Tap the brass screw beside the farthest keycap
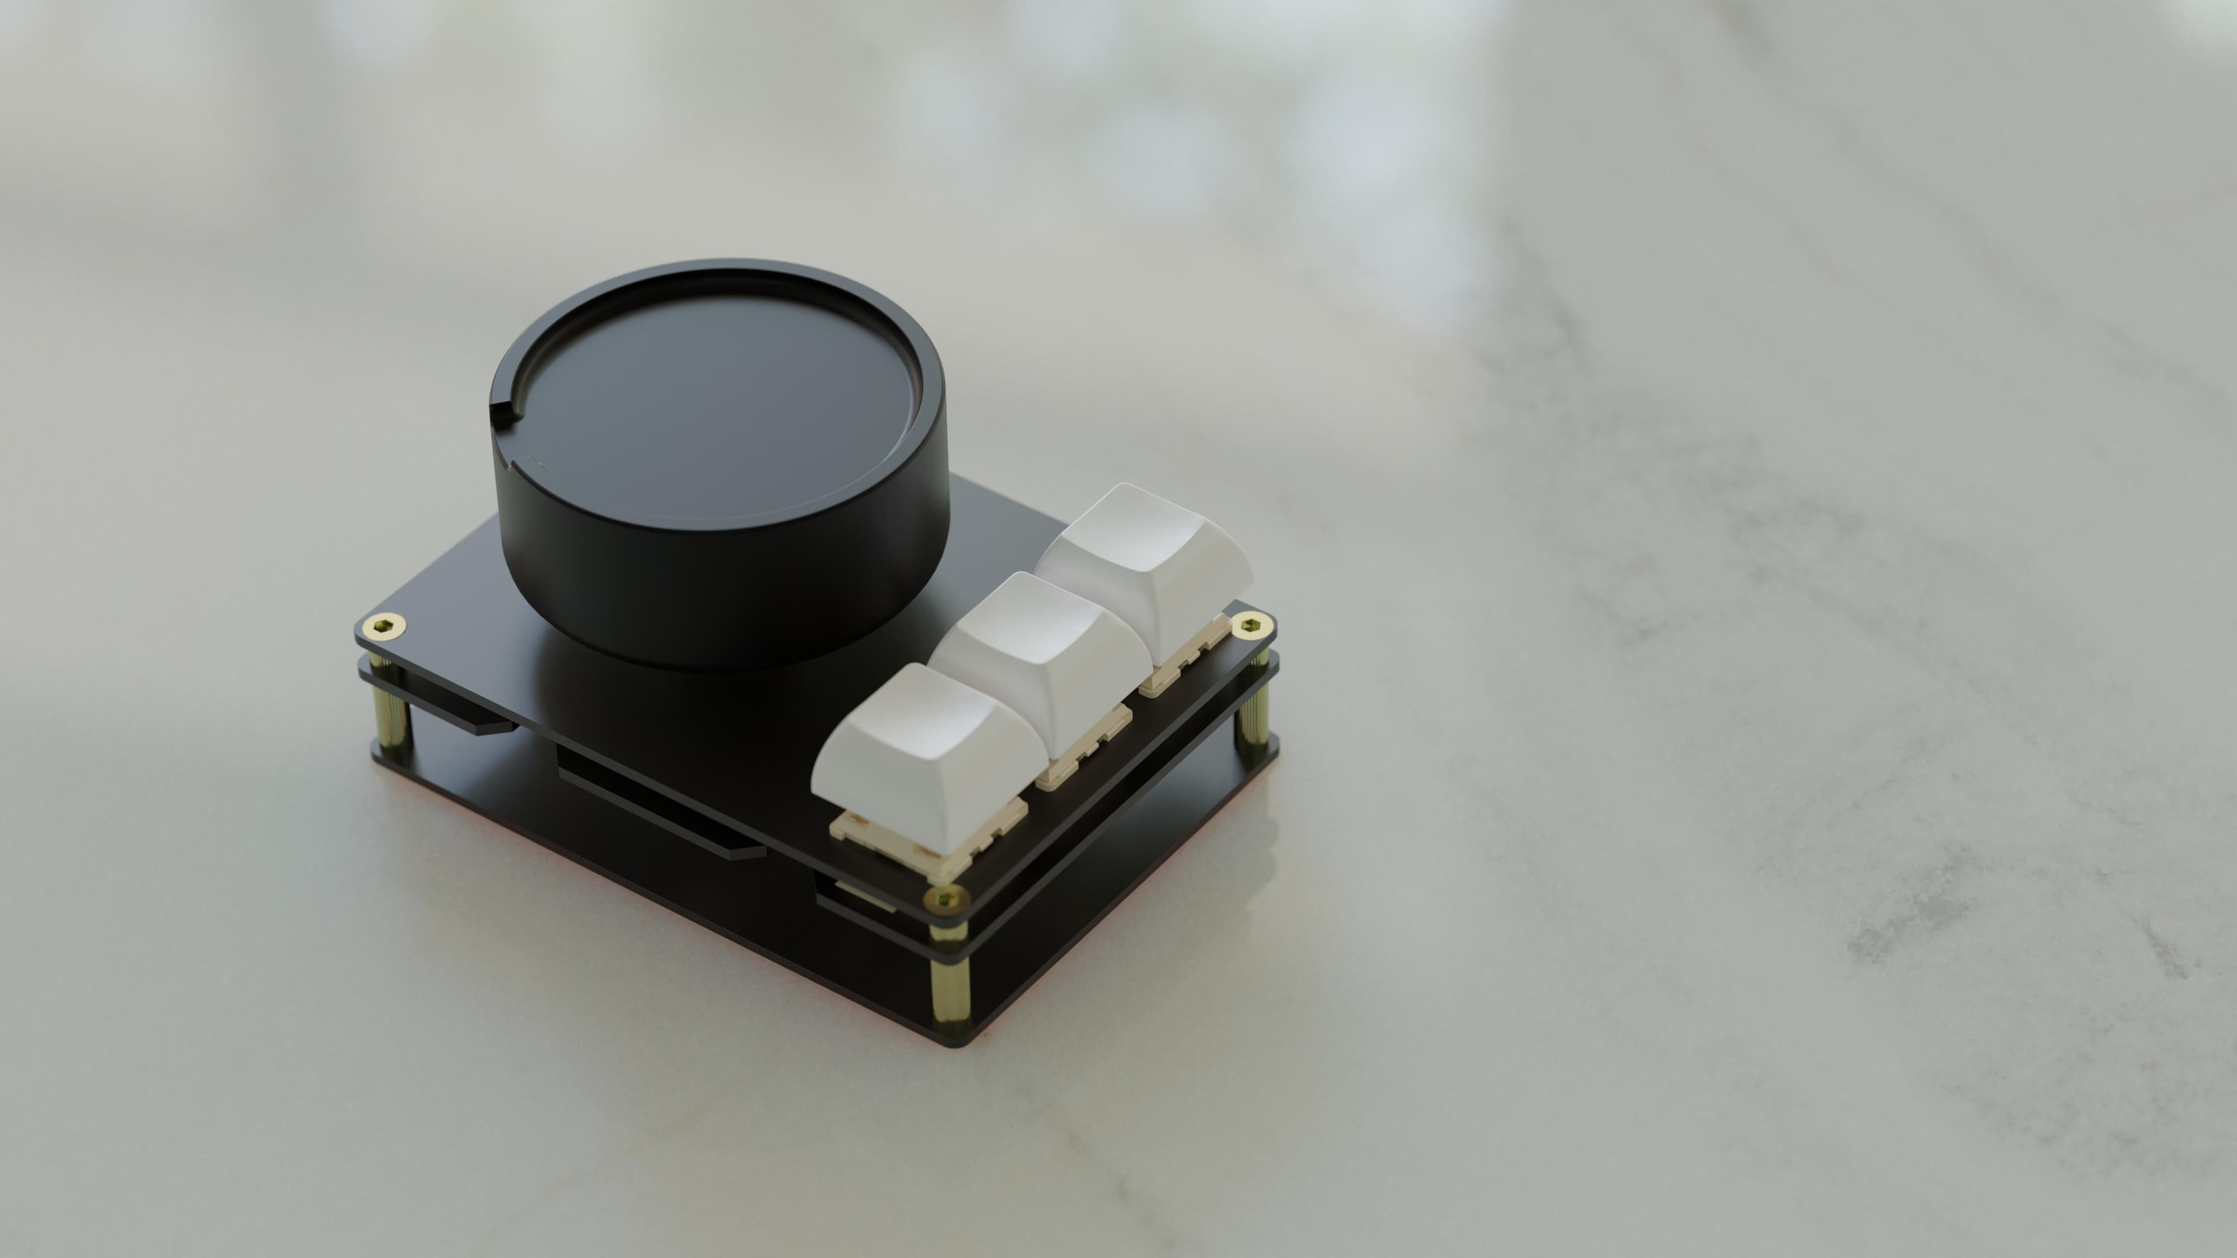pos(1251,623)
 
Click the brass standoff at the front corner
pos(949,977)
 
